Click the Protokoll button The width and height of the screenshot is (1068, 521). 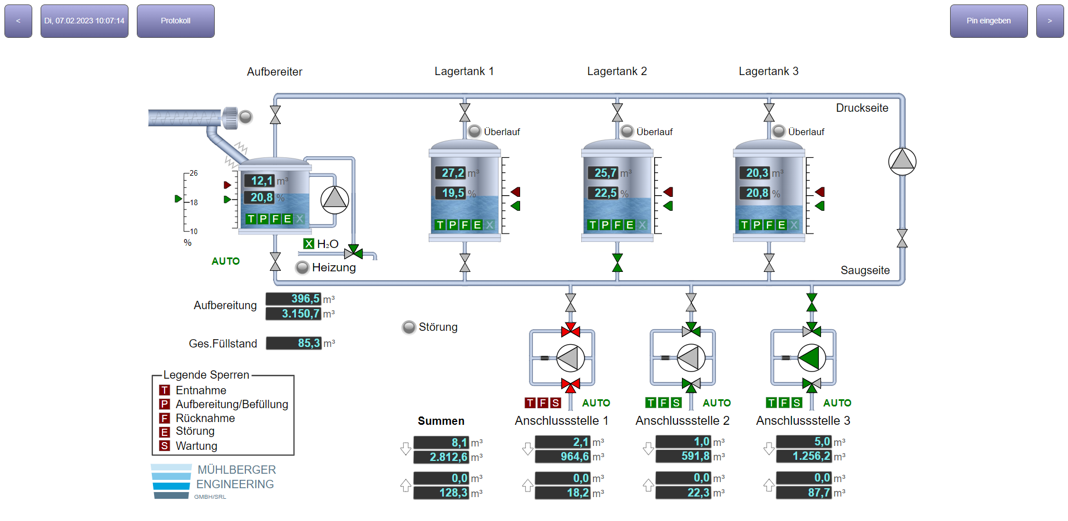pos(175,21)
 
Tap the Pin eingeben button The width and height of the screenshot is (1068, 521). pos(988,21)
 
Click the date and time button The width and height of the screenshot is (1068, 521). pos(84,21)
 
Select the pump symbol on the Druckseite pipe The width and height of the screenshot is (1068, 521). pos(902,161)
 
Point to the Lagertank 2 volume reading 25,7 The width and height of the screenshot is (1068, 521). pos(604,173)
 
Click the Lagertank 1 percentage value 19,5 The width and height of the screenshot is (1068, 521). pos(452,193)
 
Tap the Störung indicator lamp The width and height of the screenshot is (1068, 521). pos(409,327)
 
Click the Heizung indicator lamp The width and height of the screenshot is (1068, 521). pos(302,267)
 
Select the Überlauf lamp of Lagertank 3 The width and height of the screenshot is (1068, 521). pos(779,131)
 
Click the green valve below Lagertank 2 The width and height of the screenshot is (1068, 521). pos(617,262)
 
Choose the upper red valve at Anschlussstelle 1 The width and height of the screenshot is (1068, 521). pos(570,330)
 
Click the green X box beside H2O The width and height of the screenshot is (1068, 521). pos(309,244)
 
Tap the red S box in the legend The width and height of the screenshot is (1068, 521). pos(165,446)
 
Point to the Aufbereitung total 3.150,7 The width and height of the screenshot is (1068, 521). pos(294,314)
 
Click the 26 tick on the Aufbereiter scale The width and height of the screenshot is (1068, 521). pos(192,173)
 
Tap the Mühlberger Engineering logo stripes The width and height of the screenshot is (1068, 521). pos(171,482)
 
